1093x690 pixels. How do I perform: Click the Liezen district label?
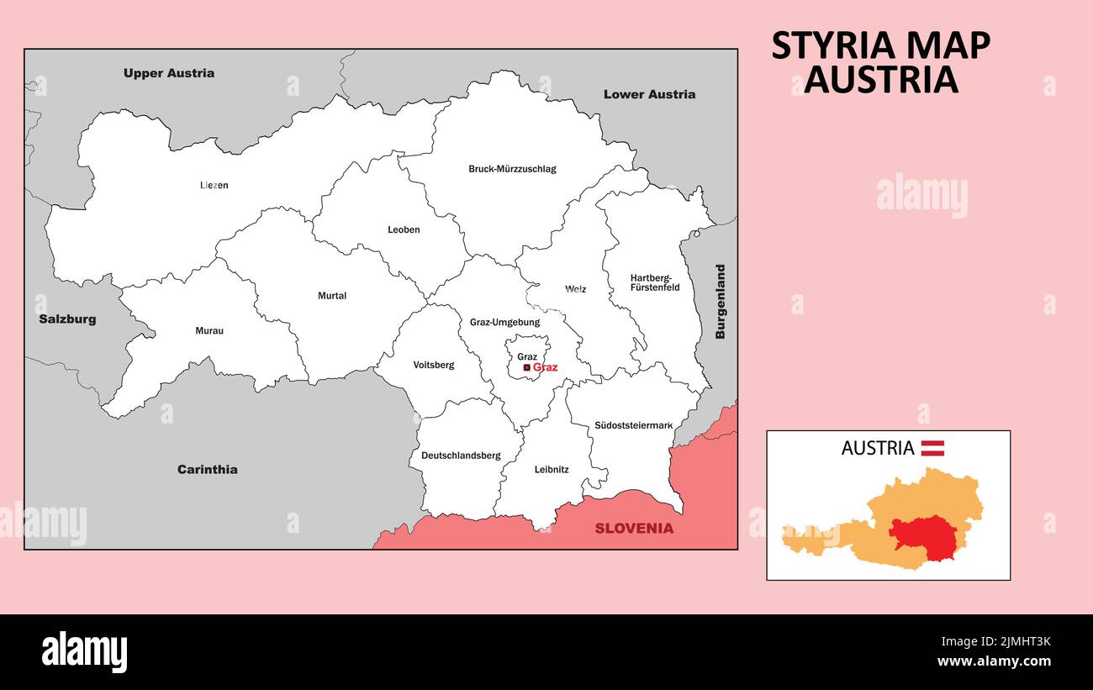(x=214, y=185)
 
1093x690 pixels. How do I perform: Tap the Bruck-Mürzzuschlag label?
(x=512, y=169)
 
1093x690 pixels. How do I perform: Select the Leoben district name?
(x=404, y=229)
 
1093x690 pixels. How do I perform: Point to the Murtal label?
(x=332, y=296)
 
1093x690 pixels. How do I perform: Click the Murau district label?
(x=209, y=331)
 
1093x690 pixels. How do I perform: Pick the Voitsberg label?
(x=434, y=365)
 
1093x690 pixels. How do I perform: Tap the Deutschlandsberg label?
(x=461, y=456)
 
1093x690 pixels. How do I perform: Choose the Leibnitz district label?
(x=552, y=470)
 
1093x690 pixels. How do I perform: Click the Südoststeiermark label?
(x=633, y=425)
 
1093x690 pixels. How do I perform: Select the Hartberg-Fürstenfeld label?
(x=655, y=282)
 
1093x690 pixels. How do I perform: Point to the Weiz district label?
(x=576, y=289)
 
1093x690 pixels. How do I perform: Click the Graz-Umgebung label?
(x=504, y=322)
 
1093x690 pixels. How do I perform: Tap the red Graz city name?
(x=545, y=367)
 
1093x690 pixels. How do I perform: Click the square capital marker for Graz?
(x=526, y=367)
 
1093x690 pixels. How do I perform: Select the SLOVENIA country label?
(x=634, y=529)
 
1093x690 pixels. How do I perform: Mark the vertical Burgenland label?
(x=720, y=302)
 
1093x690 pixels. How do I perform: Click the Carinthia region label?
(x=207, y=470)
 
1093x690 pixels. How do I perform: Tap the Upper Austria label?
(x=169, y=73)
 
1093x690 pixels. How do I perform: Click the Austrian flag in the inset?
(x=932, y=448)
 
